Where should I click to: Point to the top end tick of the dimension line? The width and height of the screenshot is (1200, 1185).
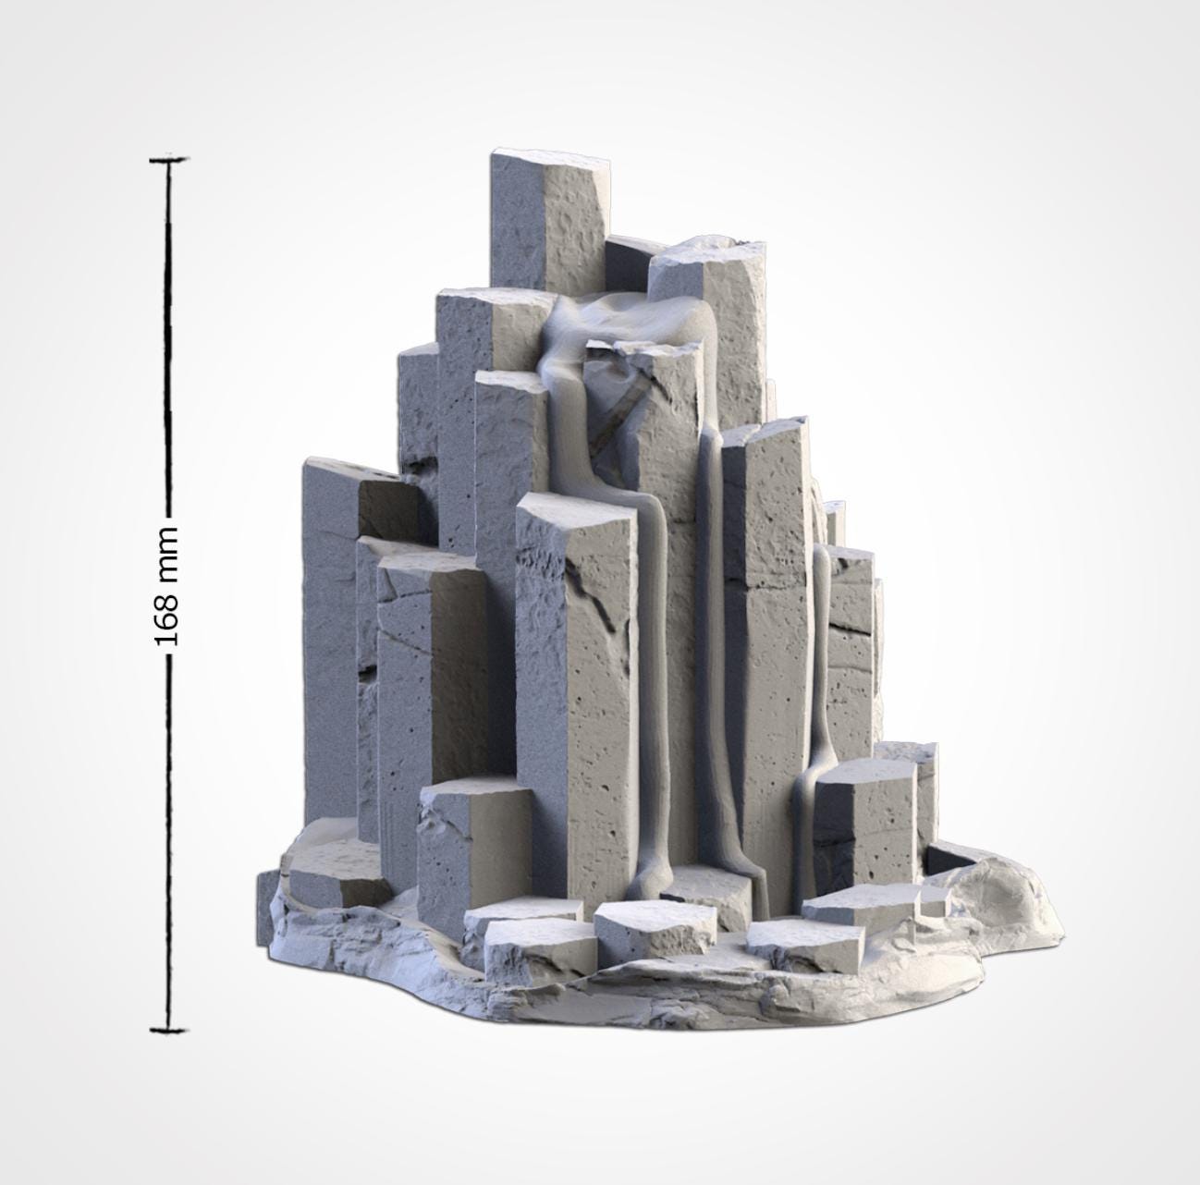168,160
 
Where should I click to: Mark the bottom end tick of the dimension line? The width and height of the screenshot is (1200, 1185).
168,1029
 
